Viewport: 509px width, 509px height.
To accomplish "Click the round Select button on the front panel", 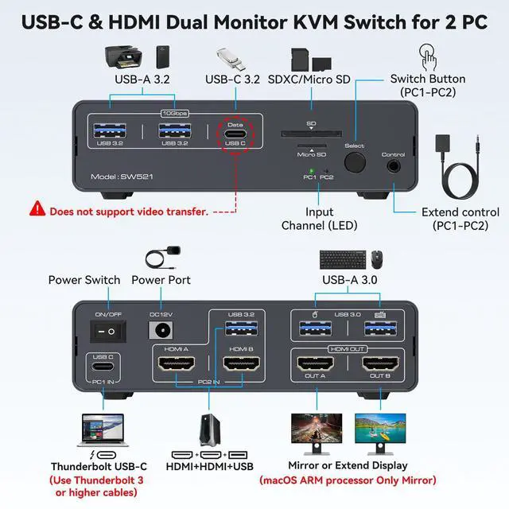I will pos(355,162).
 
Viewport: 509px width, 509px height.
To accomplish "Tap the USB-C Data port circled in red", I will pos(235,133).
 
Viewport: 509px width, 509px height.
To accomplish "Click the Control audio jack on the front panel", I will pos(394,165).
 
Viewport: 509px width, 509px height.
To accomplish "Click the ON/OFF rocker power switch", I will pos(103,328).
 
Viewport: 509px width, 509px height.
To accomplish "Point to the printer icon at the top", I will pos(122,58).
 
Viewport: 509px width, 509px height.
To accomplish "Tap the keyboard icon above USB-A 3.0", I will pos(343,258).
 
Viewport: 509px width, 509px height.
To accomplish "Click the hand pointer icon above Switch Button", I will pos(427,58).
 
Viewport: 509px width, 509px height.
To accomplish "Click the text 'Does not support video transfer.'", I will pos(130,212).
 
